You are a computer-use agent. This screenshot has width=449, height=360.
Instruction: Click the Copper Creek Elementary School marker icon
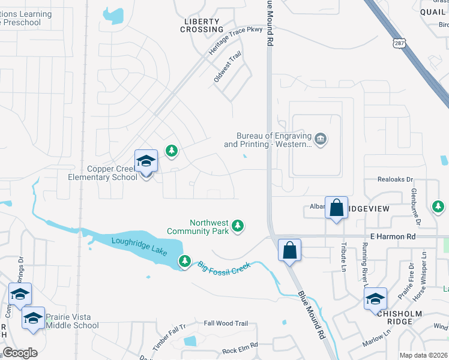[x=146, y=161]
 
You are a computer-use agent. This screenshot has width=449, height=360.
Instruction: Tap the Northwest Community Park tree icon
[x=239, y=226]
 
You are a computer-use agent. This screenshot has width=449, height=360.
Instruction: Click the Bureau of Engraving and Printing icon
[x=321, y=140]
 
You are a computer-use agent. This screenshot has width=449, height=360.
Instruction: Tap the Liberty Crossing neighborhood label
[x=202, y=25]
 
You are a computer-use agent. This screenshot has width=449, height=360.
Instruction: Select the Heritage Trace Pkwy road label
[x=235, y=41]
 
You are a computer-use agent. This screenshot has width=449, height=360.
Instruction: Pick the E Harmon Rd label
[x=393, y=237]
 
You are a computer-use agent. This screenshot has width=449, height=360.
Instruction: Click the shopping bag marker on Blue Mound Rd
[x=289, y=250]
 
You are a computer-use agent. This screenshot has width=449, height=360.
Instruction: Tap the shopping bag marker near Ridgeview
[x=336, y=208]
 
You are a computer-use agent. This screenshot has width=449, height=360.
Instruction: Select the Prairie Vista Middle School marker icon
[x=33, y=318]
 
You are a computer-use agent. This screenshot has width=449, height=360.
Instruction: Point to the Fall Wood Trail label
[x=226, y=323]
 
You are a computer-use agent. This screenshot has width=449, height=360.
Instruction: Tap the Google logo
[x=20, y=353]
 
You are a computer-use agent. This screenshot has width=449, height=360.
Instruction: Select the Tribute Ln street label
[x=345, y=255]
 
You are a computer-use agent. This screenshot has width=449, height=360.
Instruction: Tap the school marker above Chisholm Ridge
[x=376, y=298]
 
